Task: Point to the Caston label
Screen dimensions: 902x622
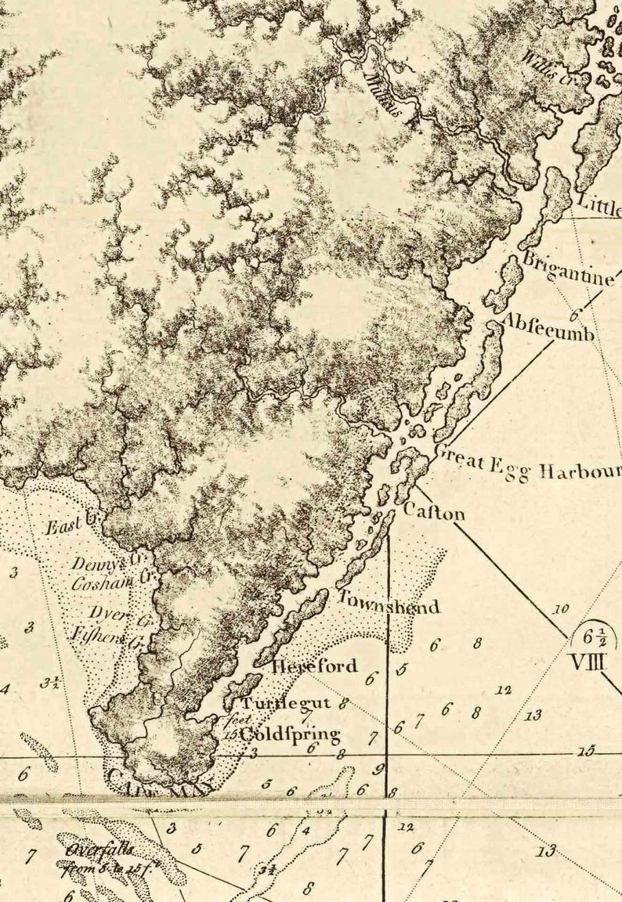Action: click(x=434, y=512)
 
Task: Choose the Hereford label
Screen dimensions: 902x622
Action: click(x=315, y=667)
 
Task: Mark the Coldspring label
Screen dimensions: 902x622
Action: click(x=289, y=734)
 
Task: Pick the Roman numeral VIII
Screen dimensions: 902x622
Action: click(x=588, y=662)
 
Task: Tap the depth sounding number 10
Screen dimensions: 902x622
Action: click(x=560, y=608)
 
